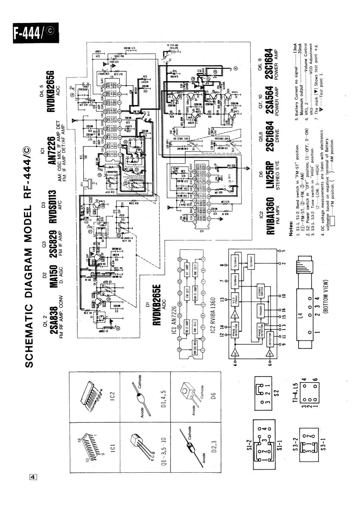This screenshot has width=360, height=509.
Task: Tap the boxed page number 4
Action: [x=33, y=478]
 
